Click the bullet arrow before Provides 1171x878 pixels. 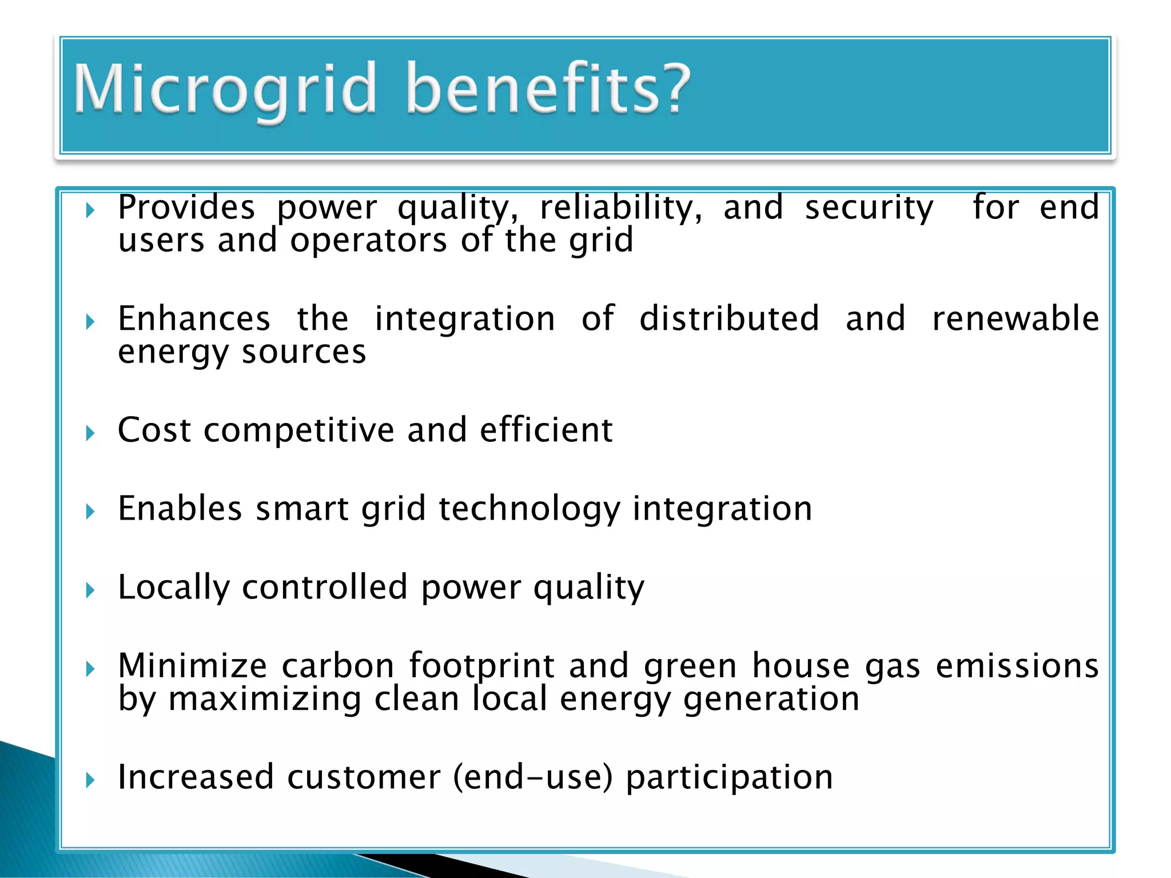(90, 211)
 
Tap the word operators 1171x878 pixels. (368, 240)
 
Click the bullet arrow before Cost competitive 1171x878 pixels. (90, 433)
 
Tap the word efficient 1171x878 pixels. (546, 430)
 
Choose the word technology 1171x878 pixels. (529, 509)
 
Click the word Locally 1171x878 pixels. (174, 588)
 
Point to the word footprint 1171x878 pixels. (481, 666)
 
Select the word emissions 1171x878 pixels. (1017, 666)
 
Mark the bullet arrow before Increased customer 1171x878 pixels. (90, 780)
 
